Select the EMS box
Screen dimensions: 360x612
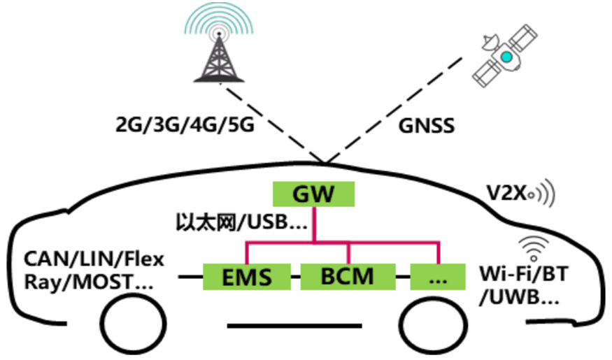247,278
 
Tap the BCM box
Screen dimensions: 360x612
347,278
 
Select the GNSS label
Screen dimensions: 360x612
427,127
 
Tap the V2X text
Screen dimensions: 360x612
506,193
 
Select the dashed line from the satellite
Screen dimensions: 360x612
392,112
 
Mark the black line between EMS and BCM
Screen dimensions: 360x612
296,278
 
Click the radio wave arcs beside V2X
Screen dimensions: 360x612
547,194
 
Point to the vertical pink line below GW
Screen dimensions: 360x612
314,225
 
